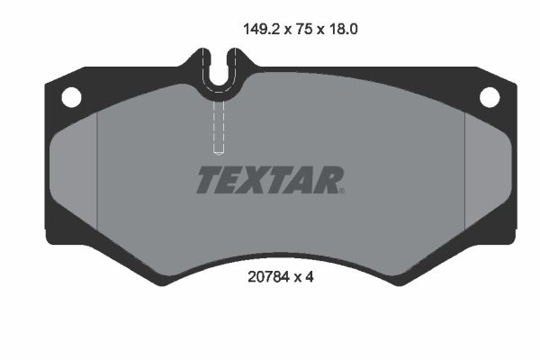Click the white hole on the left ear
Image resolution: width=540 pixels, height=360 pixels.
click(70, 95)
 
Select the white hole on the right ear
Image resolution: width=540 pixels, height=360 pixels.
click(490, 95)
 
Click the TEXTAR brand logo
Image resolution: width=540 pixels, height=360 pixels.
click(269, 180)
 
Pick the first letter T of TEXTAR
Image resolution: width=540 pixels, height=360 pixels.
click(209, 180)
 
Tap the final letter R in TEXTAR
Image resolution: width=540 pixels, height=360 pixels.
click(328, 180)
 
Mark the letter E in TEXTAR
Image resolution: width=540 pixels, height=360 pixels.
click(233, 180)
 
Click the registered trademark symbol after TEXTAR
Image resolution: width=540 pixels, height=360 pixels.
click(343, 190)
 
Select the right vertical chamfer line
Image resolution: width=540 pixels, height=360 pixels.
click(464, 175)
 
